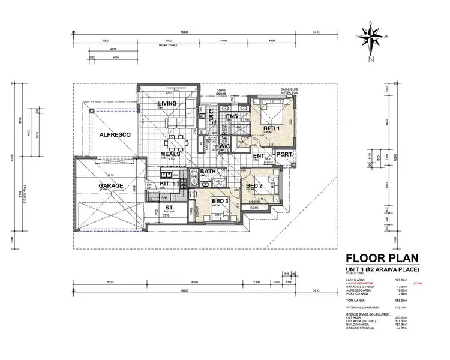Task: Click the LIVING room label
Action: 167,104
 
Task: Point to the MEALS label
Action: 172,154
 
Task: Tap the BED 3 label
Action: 220,200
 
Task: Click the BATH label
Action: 208,172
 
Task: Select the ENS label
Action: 232,116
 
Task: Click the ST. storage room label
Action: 169,208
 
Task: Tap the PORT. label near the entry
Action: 284,155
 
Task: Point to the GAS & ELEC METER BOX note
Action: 287,91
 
